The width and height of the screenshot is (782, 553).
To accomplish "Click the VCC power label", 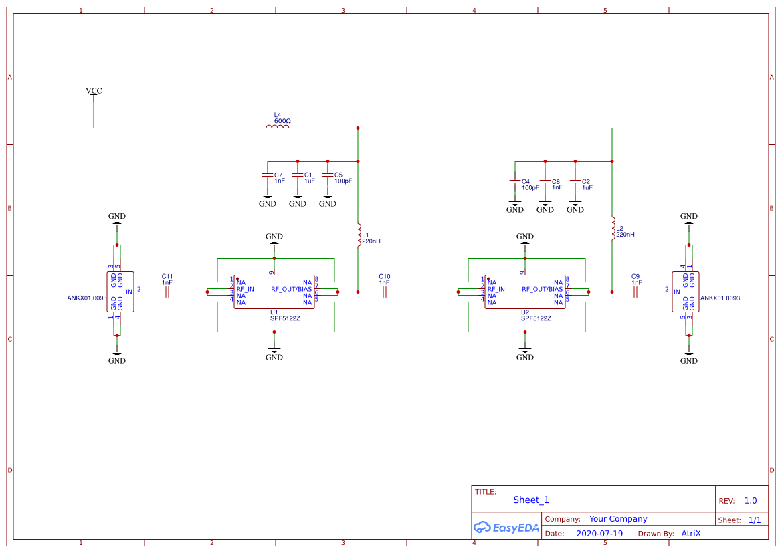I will coord(94,90).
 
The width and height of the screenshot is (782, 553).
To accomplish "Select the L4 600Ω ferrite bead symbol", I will coord(278,126).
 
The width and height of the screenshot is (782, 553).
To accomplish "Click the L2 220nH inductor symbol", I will coord(612,229).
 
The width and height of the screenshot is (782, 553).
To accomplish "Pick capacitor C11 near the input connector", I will coord(167,292).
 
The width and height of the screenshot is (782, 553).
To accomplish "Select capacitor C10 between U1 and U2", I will coord(385,292).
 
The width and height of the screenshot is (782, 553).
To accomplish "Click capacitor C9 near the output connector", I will coord(636,292).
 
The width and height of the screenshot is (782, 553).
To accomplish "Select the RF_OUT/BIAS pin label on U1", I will coord(291,289).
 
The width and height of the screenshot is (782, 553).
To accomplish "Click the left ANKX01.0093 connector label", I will coord(87,298).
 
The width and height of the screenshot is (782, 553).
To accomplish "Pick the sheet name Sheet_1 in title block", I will coord(531,500).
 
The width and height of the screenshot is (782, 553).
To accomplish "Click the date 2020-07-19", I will coord(599,534).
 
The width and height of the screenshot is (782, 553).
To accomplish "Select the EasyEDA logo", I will coord(506,527).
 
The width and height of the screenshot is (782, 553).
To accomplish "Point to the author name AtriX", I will coord(691,534).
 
